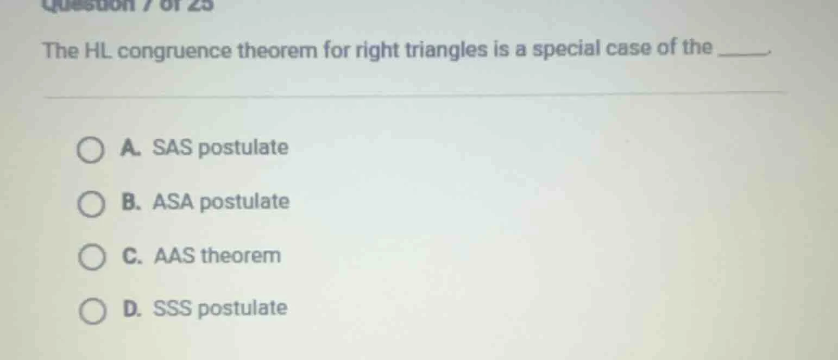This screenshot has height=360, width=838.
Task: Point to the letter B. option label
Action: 130,201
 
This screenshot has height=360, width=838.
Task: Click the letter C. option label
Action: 131,255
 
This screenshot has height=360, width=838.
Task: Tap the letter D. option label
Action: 132,308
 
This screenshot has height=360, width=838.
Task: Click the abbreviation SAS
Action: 173,147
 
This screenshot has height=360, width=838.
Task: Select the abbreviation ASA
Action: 174,201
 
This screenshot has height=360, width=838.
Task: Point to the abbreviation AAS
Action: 175,255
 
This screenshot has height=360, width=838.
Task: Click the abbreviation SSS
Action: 173,308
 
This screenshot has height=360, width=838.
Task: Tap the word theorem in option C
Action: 241,255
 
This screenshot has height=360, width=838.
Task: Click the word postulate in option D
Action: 242,309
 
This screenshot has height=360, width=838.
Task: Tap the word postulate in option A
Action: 243,148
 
